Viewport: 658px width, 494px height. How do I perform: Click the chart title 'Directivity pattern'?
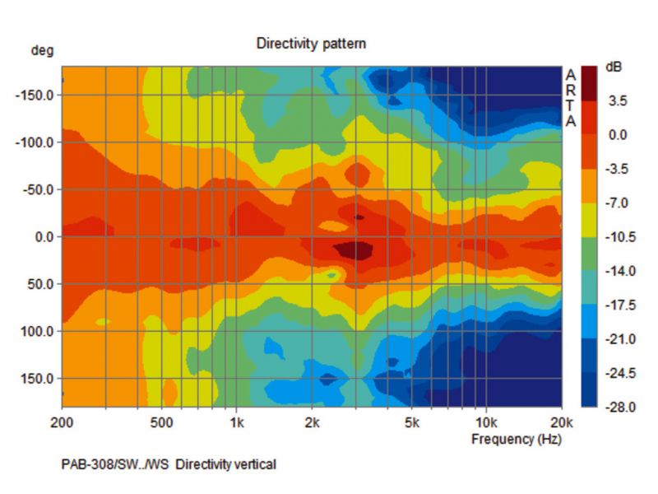point(311,44)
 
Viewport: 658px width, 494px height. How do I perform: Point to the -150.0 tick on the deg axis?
point(35,96)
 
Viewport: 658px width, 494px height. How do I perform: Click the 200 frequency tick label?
point(62,422)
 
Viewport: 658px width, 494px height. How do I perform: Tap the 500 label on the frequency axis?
point(162,422)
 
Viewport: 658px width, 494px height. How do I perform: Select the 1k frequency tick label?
point(237,422)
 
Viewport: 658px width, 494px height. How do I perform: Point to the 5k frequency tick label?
point(412,422)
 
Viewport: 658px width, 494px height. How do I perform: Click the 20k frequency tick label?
point(561,422)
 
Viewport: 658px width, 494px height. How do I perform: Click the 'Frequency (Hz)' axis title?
point(516,440)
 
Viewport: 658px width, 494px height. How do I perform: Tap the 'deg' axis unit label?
point(42,51)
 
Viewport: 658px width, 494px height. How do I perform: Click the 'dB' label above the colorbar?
point(614,67)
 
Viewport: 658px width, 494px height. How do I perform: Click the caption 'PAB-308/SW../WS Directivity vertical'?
point(169,465)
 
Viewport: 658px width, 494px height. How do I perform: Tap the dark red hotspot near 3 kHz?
point(354,249)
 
